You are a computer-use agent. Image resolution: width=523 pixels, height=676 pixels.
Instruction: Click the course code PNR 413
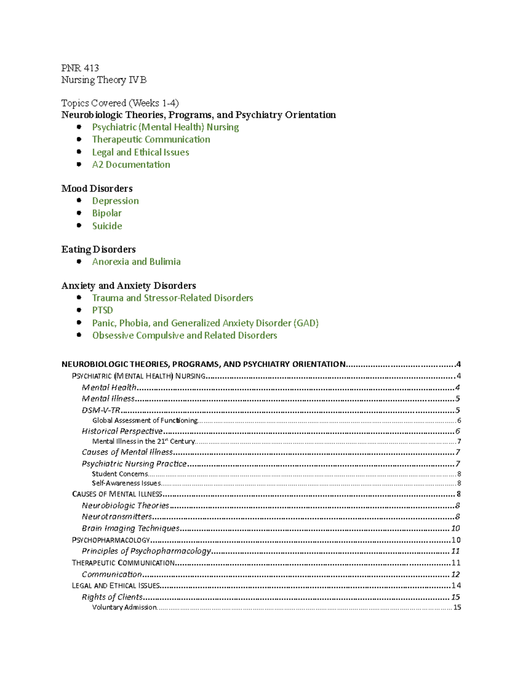[x=80, y=68]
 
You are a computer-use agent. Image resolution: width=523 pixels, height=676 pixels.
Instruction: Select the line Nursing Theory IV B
[x=104, y=80]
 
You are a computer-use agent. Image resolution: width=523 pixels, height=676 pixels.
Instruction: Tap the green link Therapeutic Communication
[x=151, y=139]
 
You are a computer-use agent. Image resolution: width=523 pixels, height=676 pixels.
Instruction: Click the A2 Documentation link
[x=131, y=165]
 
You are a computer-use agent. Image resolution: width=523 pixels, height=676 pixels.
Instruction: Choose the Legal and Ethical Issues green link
[x=140, y=152]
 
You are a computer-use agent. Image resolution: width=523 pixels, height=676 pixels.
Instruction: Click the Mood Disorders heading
[x=97, y=188]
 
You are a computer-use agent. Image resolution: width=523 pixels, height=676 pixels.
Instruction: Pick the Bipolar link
[x=107, y=213]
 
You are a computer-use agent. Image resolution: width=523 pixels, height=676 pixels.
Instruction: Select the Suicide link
[x=107, y=226]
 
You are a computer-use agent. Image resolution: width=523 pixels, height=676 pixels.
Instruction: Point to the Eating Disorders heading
[x=98, y=249]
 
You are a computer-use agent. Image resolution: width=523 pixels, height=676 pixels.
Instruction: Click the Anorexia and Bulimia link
[x=136, y=262]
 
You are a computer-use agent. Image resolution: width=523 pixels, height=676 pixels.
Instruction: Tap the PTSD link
[x=102, y=310]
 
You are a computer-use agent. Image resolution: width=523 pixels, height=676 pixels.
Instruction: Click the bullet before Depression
[x=79, y=201]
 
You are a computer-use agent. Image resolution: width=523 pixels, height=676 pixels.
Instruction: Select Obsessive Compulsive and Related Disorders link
[x=184, y=336]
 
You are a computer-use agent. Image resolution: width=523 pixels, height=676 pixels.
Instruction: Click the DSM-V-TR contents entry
[x=101, y=410]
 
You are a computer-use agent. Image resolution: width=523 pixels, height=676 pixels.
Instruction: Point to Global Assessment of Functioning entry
[x=145, y=420]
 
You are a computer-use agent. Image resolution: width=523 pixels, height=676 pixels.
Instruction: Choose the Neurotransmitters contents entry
[x=117, y=517]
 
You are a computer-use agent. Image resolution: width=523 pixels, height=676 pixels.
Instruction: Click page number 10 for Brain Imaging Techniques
[x=455, y=528]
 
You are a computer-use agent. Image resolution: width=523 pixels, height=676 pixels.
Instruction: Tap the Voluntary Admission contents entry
[x=124, y=608]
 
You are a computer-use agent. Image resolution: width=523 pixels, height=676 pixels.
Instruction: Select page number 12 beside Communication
[x=455, y=575]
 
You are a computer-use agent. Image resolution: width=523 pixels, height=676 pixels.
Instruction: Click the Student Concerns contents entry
[x=120, y=474]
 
